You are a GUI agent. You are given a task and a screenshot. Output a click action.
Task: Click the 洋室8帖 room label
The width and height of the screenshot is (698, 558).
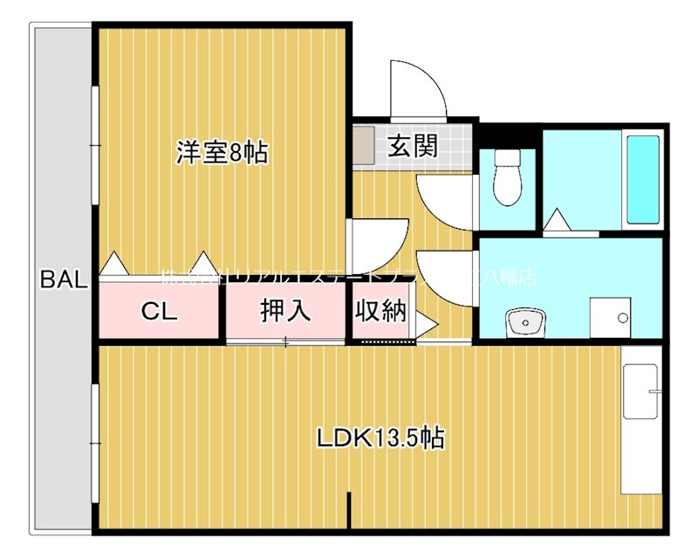[x=222, y=154]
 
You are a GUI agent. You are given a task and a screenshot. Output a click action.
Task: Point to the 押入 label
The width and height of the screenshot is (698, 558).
[x=285, y=312]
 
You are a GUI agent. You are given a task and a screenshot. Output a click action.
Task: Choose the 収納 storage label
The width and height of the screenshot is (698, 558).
[x=380, y=311]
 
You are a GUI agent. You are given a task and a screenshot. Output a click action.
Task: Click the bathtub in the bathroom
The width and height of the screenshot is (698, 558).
[x=643, y=181]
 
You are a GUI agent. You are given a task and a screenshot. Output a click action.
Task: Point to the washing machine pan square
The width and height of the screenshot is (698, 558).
[x=610, y=317]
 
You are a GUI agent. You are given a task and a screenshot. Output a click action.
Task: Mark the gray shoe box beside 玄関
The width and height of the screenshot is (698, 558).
[x=365, y=145]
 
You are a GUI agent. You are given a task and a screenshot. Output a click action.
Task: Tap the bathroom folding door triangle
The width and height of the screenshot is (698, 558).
[x=557, y=222]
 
